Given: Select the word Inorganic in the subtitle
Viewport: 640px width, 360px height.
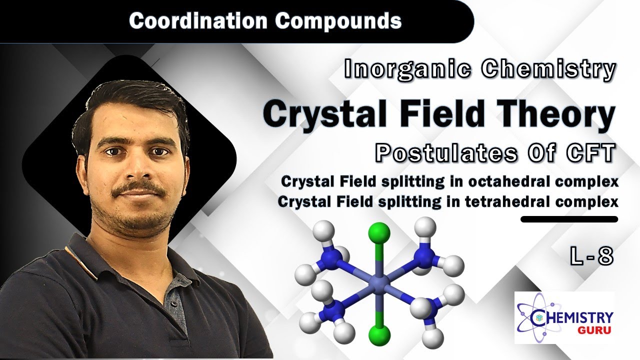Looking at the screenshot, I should pos(407,70).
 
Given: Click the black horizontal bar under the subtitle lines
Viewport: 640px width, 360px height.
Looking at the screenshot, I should pos(569,219).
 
